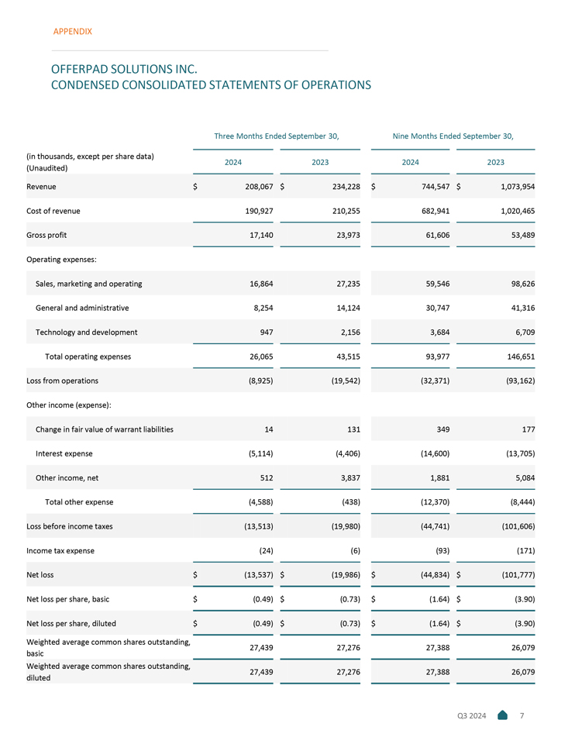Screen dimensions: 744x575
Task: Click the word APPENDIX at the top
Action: tap(72, 32)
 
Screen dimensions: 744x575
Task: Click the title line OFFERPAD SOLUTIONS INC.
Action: tap(124, 69)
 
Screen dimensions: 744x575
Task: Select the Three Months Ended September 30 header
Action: tap(277, 136)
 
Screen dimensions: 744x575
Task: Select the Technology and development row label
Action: tap(87, 332)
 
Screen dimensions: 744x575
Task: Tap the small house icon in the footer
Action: tap(502, 715)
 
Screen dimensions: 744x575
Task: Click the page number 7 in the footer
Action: tap(522, 715)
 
